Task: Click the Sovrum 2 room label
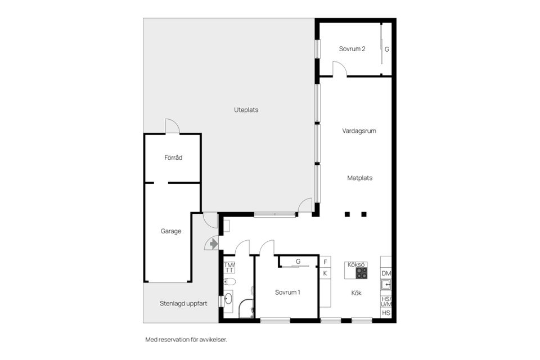(352, 49)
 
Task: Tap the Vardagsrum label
(359, 131)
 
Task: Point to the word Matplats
(359, 178)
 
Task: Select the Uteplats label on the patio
(246, 110)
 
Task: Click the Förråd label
(173, 158)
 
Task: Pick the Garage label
(171, 231)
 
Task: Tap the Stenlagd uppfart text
(183, 304)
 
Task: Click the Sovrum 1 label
(287, 292)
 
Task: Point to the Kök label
(356, 293)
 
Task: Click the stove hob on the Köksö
(361, 273)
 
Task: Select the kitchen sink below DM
(386, 285)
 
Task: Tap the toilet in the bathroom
(231, 282)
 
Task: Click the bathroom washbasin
(228, 299)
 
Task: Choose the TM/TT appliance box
(229, 267)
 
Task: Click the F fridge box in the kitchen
(325, 262)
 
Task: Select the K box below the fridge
(325, 273)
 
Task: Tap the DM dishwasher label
(386, 273)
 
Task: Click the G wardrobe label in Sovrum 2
(386, 49)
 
